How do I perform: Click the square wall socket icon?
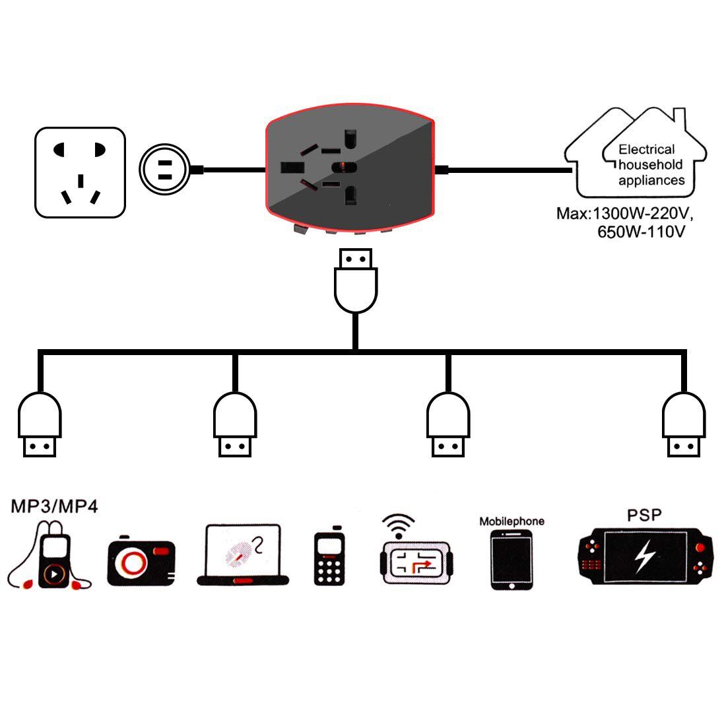click(80, 172)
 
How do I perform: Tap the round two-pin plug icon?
click(165, 170)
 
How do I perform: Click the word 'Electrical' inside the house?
click(646, 149)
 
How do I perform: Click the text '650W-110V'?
click(640, 232)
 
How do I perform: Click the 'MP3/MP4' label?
click(54, 507)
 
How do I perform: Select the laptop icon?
click(243, 554)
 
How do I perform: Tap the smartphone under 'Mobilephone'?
click(511, 560)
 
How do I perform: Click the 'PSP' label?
click(643, 514)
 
